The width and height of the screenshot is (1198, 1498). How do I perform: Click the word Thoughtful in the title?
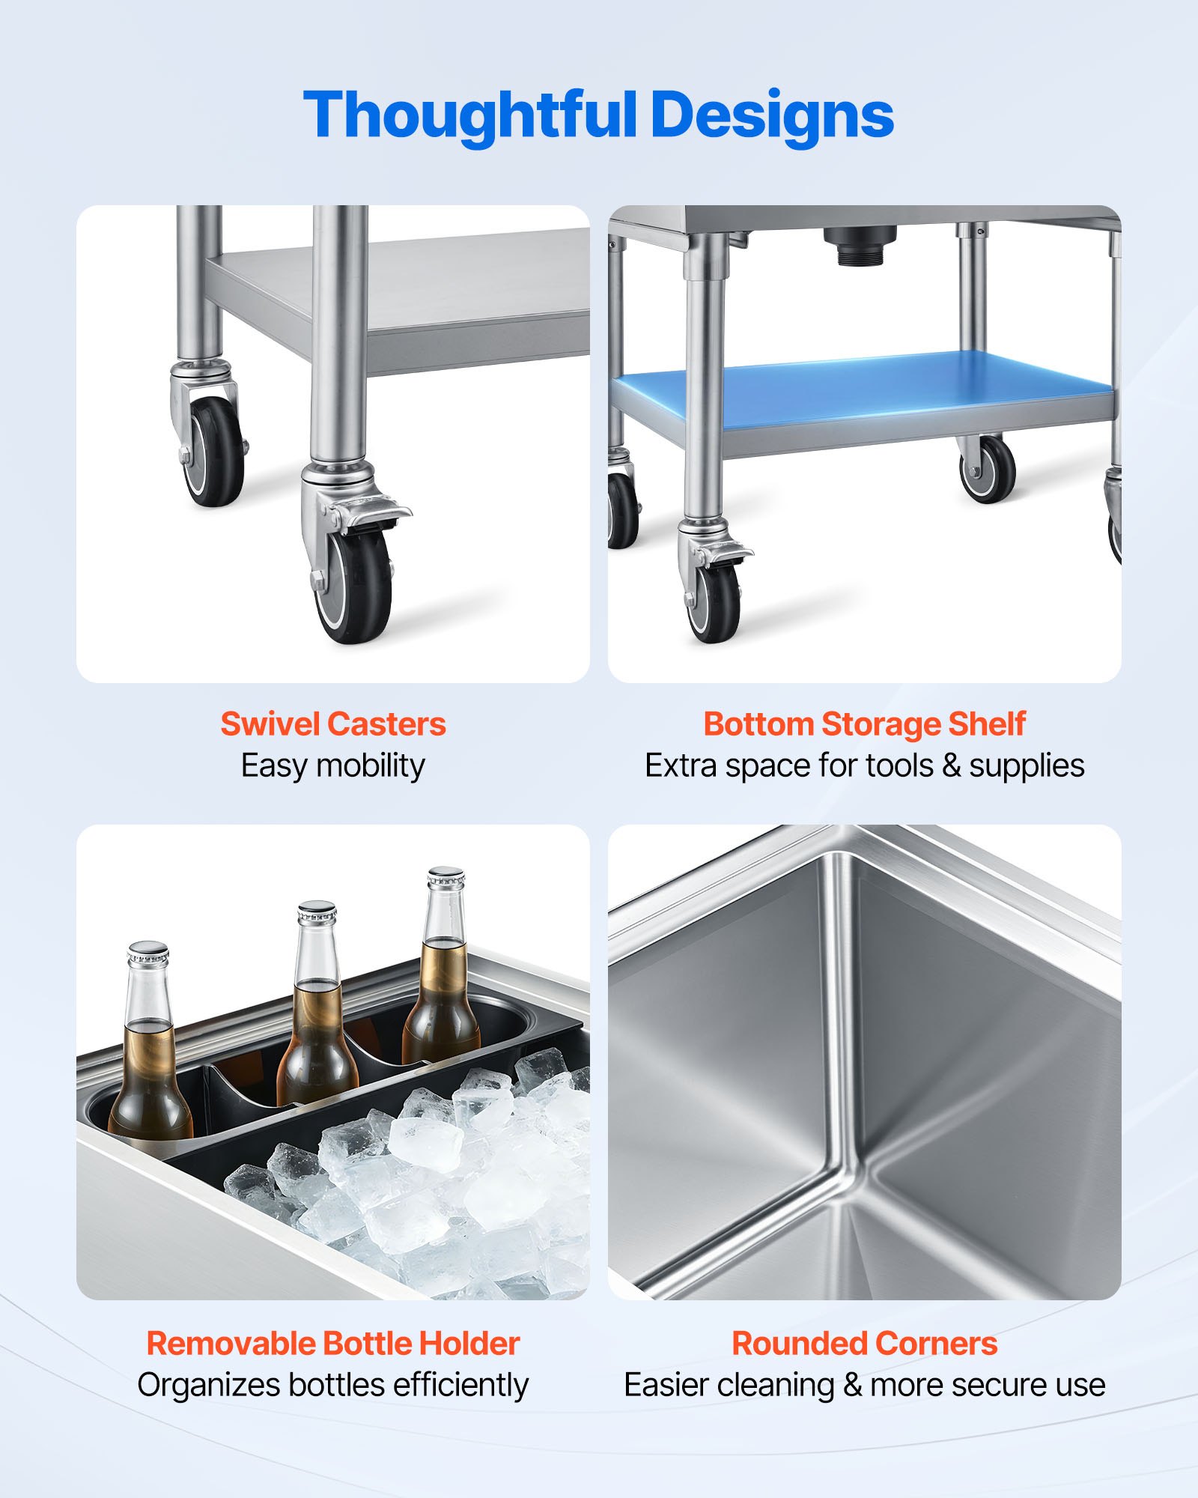pos(470,116)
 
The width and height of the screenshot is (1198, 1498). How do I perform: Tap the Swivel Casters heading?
pos(333,724)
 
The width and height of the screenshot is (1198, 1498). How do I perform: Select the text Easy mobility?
pos(333,766)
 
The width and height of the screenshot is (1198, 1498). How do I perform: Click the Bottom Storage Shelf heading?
pos(864,724)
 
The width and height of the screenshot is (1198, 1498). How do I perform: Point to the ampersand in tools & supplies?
pos(951,766)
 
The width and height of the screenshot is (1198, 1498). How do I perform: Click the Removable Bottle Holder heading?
pos(333,1344)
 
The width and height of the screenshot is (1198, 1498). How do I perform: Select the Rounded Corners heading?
pos(864,1344)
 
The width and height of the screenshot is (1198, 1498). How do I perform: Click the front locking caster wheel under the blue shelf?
pos(716,603)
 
